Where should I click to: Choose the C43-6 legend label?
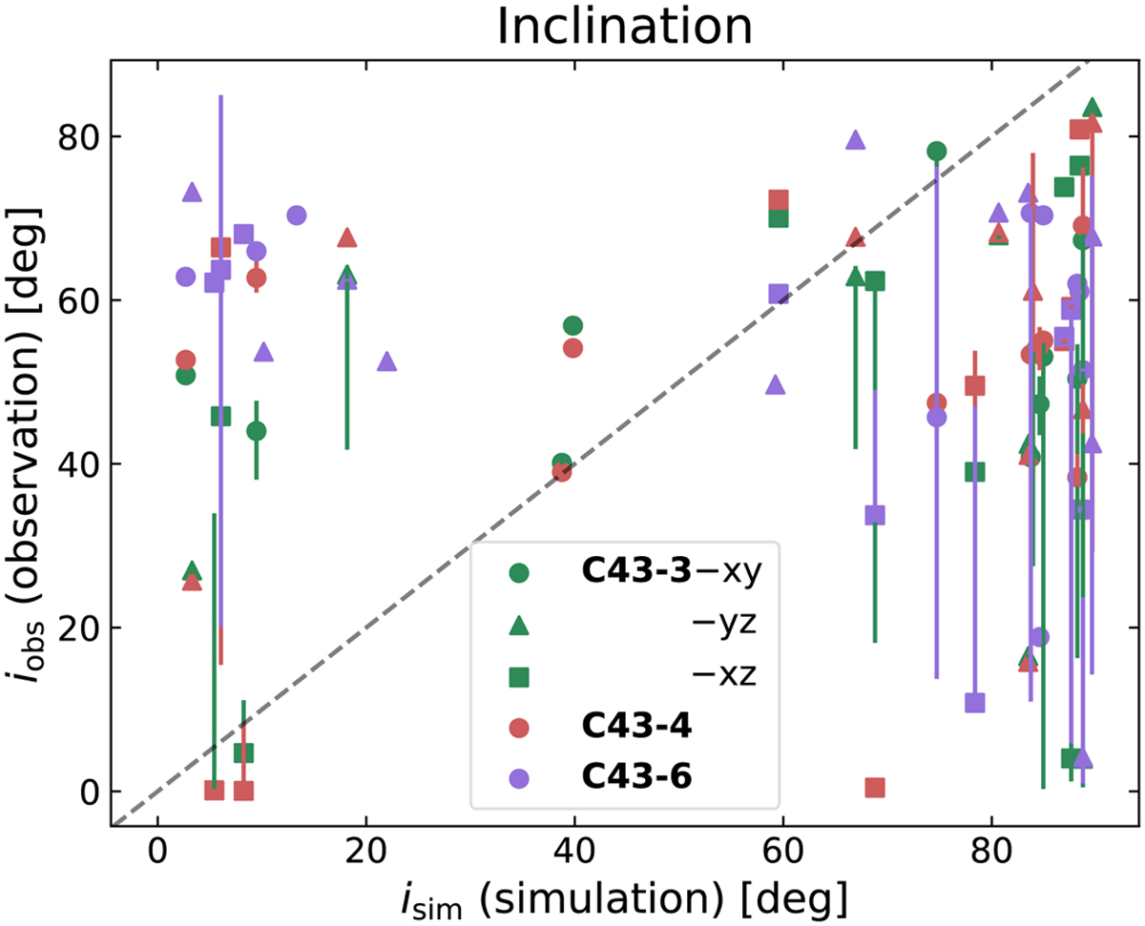[x=635, y=777]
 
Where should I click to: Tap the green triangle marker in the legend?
[x=519, y=625]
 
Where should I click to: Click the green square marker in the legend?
[x=519, y=676]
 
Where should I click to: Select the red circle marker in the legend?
[x=519, y=727]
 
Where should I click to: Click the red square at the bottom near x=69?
[x=875, y=788]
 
